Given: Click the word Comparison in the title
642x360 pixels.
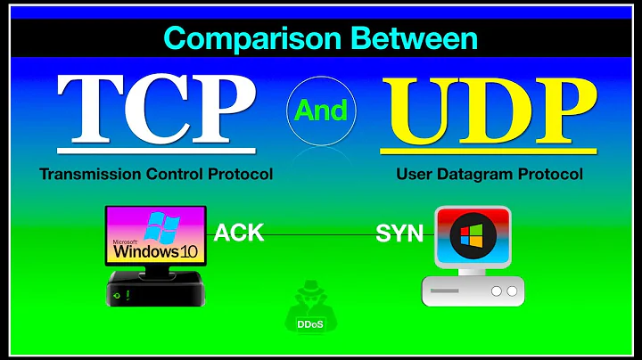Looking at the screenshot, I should (x=240, y=39).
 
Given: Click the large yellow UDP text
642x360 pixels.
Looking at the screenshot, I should (x=490, y=108).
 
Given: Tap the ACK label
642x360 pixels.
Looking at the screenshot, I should (x=239, y=233).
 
